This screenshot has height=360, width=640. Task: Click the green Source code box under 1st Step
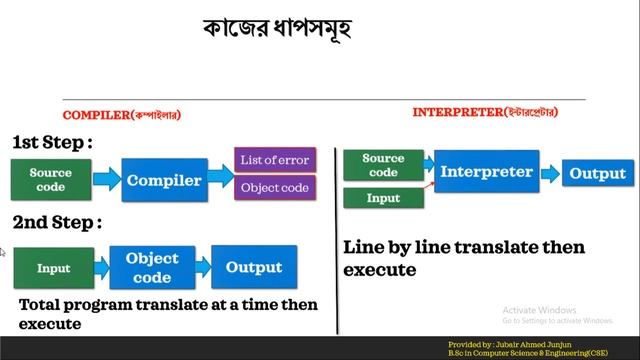pyautogui.click(x=50, y=180)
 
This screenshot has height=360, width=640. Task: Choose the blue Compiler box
pyautogui.click(x=164, y=181)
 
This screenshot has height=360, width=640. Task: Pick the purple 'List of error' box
pyautogui.click(x=274, y=159)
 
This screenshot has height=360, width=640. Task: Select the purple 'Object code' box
pyautogui.click(x=274, y=186)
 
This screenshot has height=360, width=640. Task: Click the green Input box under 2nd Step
pyautogui.click(x=53, y=268)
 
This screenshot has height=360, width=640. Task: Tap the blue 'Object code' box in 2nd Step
pyautogui.click(x=152, y=266)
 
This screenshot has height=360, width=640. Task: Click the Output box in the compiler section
pyautogui.click(x=253, y=267)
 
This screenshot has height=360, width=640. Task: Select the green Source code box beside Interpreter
pyautogui.click(x=382, y=165)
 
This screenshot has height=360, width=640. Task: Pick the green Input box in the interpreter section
pyautogui.click(x=382, y=198)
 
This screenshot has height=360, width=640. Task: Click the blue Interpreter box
pyautogui.click(x=486, y=172)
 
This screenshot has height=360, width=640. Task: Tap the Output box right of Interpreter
pyautogui.click(x=597, y=173)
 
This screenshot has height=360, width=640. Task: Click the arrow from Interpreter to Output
pyautogui.click(x=548, y=173)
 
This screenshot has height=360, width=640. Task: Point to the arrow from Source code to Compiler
pyautogui.click(x=105, y=181)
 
